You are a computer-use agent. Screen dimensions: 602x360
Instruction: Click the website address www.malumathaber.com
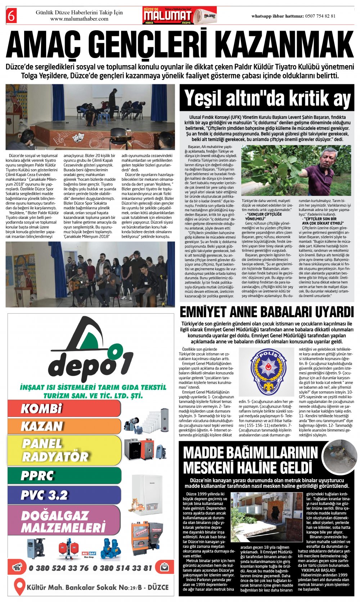(x=79, y=19)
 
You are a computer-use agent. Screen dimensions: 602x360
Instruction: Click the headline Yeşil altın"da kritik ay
(x=267, y=98)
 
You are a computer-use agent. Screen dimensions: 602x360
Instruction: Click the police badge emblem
(x=267, y=371)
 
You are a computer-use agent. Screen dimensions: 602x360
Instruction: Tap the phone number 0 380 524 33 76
(x=59, y=568)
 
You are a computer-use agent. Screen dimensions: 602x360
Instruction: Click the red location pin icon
(x=19, y=587)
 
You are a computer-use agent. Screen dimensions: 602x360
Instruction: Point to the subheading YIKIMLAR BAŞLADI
(x=318, y=570)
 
